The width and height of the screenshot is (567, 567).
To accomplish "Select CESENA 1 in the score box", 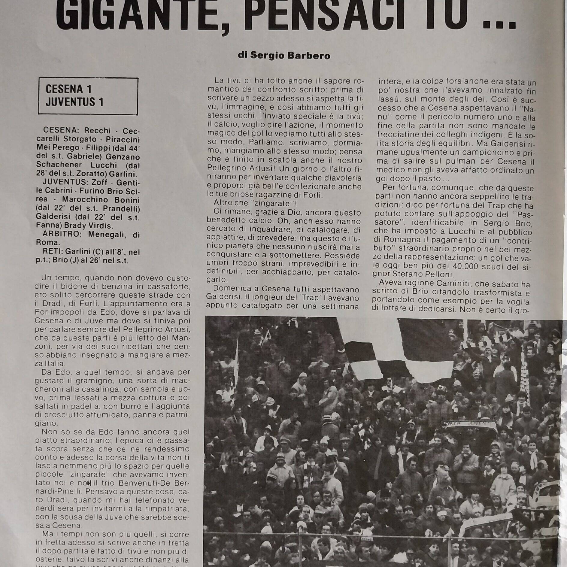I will point(69,89).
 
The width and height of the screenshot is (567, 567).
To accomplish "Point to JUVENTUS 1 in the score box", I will point(75,102).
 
